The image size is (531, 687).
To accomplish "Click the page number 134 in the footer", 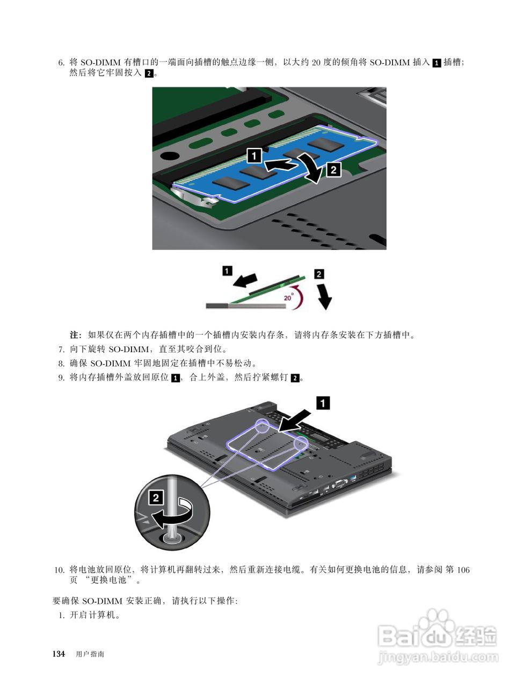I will point(59,654).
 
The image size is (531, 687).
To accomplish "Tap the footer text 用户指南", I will point(90,654).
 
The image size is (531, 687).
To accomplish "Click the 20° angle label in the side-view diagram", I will point(288,297).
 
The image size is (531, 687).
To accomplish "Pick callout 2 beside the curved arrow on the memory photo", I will point(333,170).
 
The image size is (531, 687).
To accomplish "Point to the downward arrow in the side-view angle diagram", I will point(324,297).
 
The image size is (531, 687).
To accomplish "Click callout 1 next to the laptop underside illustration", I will point(322,403).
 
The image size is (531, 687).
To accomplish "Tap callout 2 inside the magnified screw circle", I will point(156,498).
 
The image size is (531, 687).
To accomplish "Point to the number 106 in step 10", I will point(463,569).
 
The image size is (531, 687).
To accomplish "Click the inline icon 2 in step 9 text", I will point(295,378).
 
